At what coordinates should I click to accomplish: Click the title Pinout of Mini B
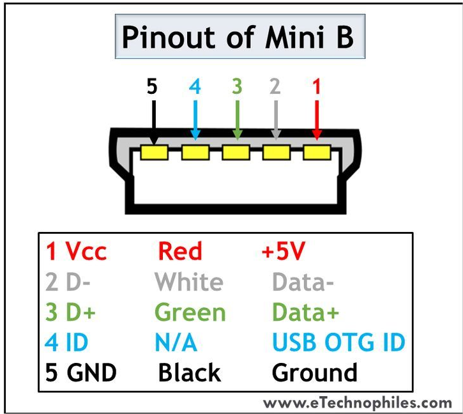[x=237, y=38]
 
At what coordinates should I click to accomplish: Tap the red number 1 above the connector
[x=316, y=86]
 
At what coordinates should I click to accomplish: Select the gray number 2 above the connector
[x=275, y=86]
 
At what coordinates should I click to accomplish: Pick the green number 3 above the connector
[x=237, y=86]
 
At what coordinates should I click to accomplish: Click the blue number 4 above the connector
[x=195, y=86]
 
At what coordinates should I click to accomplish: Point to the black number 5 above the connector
[x=152, y=86]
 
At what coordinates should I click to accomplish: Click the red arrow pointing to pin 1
[x=316, y=118]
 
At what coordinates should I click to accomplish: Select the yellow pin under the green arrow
[x=236, y=153]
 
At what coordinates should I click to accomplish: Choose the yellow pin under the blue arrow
[x=195, y=153]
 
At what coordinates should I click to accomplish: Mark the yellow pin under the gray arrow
[x=277, y=153]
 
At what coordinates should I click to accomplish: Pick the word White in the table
[x=189, y=282]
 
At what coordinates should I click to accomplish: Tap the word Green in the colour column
[x=190, y=312]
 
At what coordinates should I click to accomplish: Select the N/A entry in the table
[x=176, y=343]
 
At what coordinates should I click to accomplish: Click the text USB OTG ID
[x=338, y=343]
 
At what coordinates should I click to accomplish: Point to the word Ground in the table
[x=314, y=372]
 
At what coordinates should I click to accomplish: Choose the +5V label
[x=284, y=252]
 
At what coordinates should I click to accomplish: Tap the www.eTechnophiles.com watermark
[x=358, y=402]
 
